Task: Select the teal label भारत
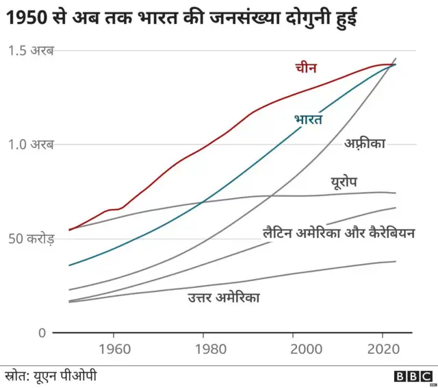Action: tap(308, 119)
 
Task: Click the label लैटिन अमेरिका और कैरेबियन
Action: tap(339, 233)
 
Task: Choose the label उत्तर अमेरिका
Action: tap(224, 298)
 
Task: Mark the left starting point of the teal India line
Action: tap(69, 265)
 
